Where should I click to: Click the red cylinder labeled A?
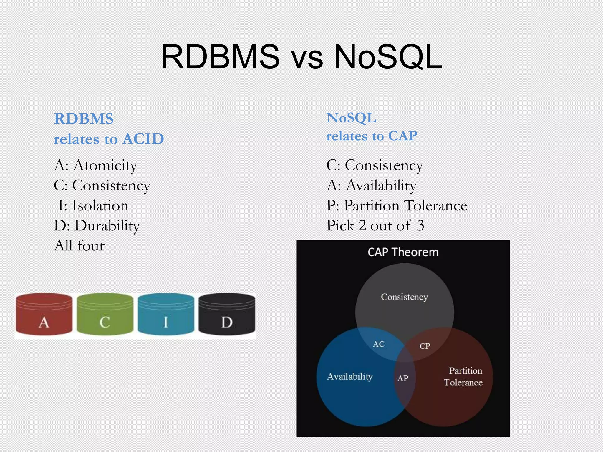pos(44,314)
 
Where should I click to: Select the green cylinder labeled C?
pos(105,314)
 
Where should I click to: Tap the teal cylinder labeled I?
pos(166,314)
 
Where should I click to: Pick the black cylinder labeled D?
pos(227,314)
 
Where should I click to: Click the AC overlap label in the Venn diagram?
pos(379,344)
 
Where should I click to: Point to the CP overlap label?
pos(425,346)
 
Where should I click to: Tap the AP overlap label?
pos(403,378)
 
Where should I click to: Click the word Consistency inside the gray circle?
pos(404,297)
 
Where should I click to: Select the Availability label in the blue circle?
pos(350,376)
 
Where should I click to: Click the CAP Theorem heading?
pos(403,252)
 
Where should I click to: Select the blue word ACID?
pos(143,139)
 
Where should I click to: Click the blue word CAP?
pos(402,136)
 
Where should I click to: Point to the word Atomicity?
pos(105,165)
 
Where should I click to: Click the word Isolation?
pos(100,205)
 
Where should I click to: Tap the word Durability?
pos(107,226)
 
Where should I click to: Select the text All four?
pos(79,245)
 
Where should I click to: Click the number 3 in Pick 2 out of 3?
pos(420,226)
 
